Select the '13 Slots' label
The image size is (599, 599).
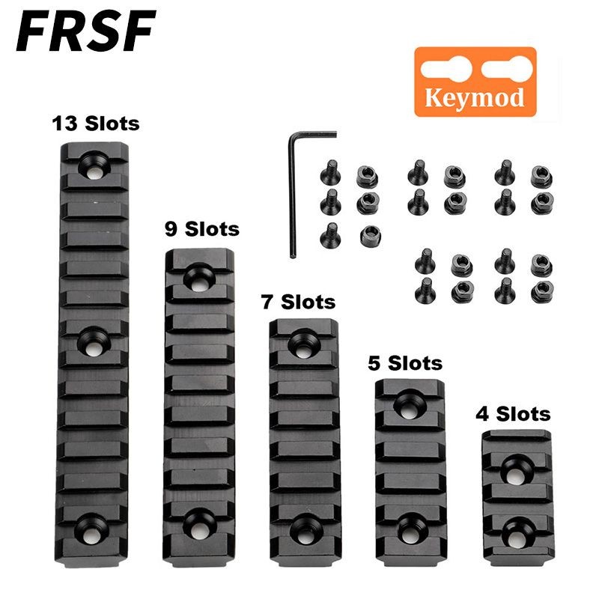tap(96, 122)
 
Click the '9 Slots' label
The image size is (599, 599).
tap(201, 228)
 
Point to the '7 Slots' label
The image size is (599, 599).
tap(297, 302)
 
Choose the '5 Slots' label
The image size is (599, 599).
tap(405, 364)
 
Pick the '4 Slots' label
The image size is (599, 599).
tap(513, 413)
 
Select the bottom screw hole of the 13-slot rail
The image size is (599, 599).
tap(95, 523)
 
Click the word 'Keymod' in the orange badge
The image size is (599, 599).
tap(475, 98)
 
